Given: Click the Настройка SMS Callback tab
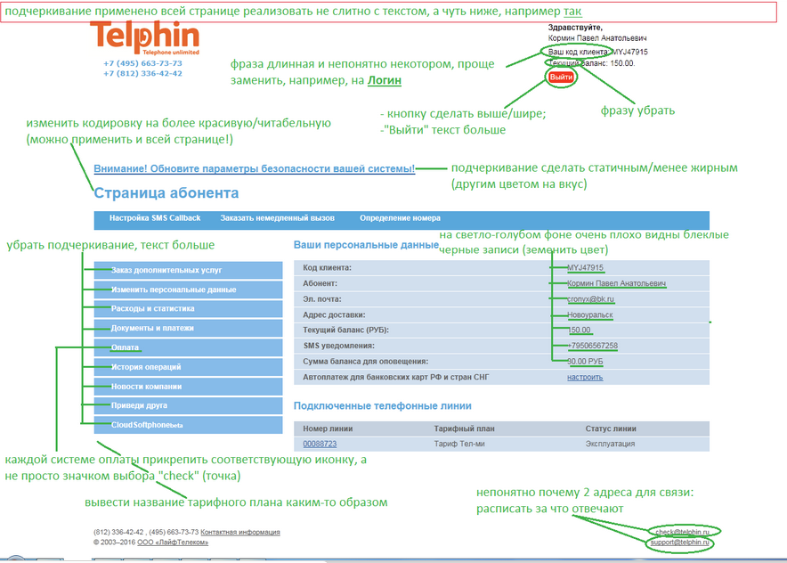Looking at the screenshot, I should tap(155, 218).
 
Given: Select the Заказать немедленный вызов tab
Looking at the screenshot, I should tap(278, 218).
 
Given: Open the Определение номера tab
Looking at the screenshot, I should tap(400, 218).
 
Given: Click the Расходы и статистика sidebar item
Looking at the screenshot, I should tap(152, 308).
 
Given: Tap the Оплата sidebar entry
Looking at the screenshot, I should tap(125, 347).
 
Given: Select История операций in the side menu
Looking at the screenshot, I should tap(146, 367).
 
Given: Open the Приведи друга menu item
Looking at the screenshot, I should tap(140, 405).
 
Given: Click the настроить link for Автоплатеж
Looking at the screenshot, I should tap(585, 377).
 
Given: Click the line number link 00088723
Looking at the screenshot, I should tap(320, 443).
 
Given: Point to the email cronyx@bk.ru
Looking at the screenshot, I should tap(589, 299).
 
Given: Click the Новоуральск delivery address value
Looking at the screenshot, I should tap(590, 314).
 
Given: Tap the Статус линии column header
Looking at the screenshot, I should tap(611, 428).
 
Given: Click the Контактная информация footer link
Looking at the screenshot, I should tap(240, 532).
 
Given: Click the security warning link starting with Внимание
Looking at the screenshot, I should tap(254, 168).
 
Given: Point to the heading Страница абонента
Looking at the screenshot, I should tap(166, 192).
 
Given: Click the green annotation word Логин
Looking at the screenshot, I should tap(384, 80).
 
